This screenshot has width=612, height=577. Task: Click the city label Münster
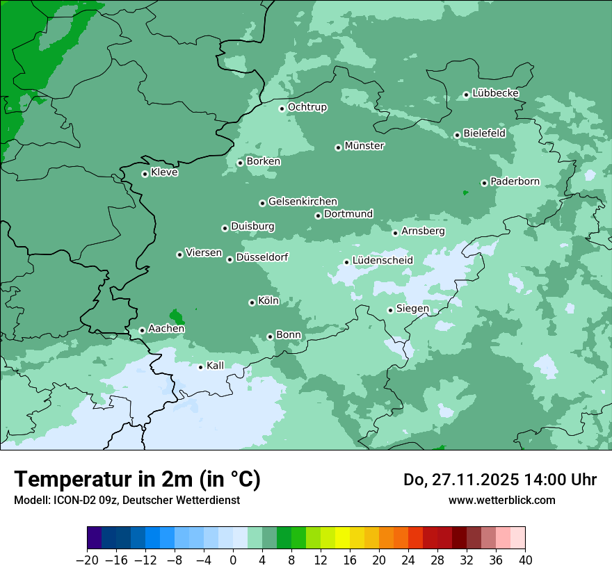pos(364,146)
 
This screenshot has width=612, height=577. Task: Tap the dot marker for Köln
pos(252,302)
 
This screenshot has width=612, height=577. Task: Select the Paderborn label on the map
pos(515,181)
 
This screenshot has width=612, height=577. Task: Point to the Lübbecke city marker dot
pos(466,95)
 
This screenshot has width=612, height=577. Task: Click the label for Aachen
pos(166,329)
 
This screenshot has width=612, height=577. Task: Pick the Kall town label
pos(216,366)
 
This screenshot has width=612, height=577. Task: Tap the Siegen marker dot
pos(390,310)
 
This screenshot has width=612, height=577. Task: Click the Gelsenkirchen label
pos(303,202)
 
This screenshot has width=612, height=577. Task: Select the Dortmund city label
pos(348,214)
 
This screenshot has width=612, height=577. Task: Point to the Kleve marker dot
pos(145,174)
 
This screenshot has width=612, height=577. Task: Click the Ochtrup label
pos(307,107)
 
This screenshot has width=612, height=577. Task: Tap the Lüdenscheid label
pos(382,261)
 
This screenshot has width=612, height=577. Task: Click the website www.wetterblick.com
pos(501,500)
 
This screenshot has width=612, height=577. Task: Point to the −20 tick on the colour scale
pos(88,560)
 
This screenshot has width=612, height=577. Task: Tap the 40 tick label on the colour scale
pos(525,560)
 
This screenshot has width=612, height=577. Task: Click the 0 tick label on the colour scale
pos(233,560)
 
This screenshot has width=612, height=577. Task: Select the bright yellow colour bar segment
pos(342,538)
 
